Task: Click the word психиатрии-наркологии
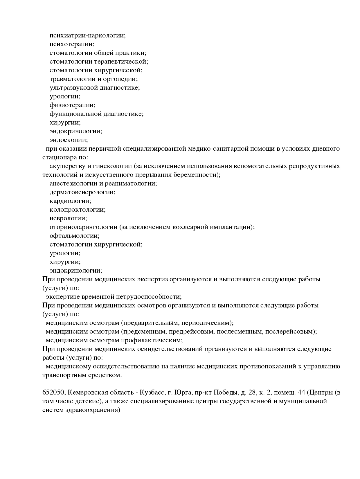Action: click(x=87, y=36)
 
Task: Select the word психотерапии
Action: click(x=72, y=44)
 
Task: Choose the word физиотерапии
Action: click(x=72, y=105)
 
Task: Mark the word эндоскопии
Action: click(x=69, y=140)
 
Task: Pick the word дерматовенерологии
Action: click(x=82, y=192)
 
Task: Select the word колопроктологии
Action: click(x=78, y=210)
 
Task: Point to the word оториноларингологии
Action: click(x=83, y=227)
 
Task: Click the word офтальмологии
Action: click(x=75, y=236)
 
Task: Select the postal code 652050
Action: click(x=54, y=393)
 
